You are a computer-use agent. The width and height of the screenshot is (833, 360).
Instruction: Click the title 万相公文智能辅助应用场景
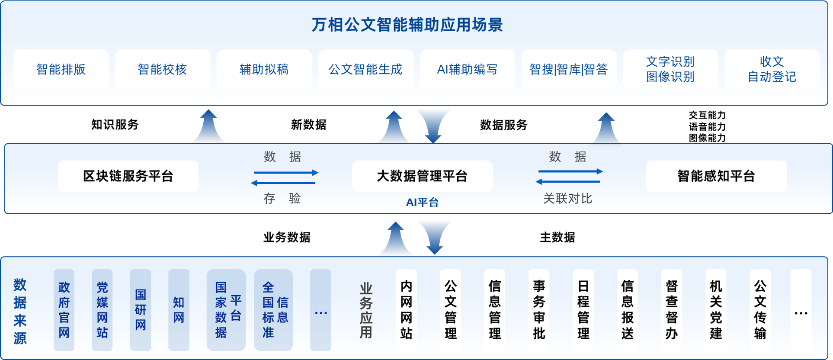(407, 25)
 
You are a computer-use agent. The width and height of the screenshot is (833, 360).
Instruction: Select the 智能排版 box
(61, 69)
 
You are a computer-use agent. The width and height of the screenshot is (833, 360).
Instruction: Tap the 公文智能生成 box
(366, 69)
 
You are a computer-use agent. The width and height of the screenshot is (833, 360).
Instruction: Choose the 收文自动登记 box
(772, 69)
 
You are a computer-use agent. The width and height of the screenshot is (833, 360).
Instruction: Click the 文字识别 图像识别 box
(670, 69)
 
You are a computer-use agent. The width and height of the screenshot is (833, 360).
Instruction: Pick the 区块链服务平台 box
(128, 176)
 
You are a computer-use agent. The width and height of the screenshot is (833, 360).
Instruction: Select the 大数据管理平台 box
(422, 176)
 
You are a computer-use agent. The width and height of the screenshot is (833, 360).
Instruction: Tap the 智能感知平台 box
(716, 176)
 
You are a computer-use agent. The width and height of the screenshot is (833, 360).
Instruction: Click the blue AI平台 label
(422, 202)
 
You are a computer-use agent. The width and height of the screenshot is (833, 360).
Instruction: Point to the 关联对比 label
(567, 199)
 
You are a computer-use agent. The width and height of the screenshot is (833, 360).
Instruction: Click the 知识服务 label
(115, 125)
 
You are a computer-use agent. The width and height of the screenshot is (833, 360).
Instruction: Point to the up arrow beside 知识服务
(208, 126)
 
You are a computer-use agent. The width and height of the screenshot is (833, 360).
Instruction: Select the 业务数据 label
(287, 237)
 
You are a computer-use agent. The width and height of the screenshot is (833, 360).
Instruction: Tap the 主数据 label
(557, 237)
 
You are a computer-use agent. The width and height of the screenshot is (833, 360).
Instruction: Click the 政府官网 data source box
(64, 310)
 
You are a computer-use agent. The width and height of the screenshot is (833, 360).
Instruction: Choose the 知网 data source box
(179, 310)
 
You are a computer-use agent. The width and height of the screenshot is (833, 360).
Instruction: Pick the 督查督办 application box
(672, 310)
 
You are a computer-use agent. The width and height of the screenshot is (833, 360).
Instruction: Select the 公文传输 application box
(760, 310)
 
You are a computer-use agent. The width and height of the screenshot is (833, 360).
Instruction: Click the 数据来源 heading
(20, 311)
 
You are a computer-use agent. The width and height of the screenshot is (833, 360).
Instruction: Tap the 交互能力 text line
(707, 115)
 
